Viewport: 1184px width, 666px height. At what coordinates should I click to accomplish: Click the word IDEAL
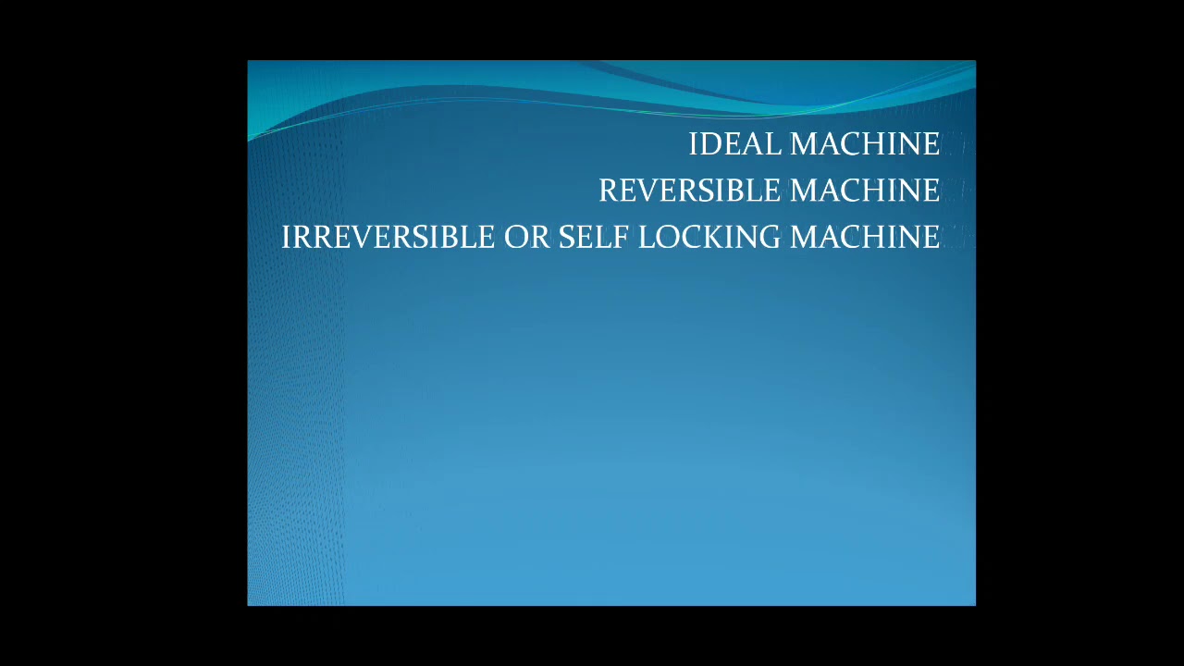735,144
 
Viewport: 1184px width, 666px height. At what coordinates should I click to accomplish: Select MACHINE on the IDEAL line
865,144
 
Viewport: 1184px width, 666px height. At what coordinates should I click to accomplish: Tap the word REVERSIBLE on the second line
690,191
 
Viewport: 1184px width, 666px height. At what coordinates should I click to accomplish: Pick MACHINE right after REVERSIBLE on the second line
865,191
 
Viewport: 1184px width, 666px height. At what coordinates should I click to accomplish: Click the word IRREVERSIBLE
388,238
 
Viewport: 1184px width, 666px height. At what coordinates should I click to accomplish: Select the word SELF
593,238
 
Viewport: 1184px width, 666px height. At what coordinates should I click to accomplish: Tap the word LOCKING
709,238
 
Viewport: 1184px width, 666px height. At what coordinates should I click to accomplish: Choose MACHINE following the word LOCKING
865,238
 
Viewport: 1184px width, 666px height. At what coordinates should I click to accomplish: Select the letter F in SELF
623,238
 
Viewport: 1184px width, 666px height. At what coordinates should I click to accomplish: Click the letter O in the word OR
515,238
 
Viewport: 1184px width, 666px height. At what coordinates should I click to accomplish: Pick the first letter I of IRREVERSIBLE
286,238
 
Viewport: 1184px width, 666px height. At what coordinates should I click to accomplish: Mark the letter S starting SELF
566,238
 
